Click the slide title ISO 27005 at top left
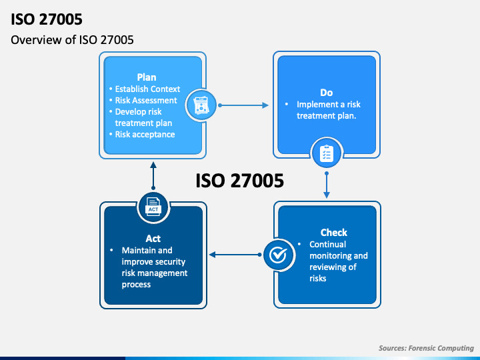47,19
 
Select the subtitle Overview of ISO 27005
72,40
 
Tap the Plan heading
147,77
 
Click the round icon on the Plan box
201,105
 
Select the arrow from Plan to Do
243,105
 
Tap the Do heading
326,93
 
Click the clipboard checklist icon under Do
326,153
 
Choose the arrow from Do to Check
327,185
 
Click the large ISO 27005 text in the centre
240,180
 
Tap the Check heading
334,233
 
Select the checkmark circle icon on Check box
278,255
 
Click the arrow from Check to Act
235,255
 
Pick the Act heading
153,239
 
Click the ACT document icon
153,207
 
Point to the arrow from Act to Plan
153,176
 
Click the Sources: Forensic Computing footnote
426,348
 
